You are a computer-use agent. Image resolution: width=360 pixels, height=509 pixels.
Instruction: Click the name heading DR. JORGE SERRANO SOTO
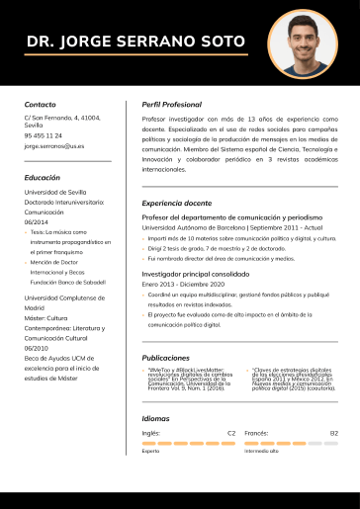tap(135, 42)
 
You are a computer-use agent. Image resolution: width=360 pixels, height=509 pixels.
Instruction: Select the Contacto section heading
tap(41, 104)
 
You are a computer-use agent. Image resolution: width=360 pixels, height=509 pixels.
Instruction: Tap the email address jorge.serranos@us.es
tap(54, 145)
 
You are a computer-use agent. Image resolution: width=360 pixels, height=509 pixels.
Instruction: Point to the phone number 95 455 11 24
tap(44, 135)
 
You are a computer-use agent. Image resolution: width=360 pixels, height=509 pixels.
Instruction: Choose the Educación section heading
tap(43, 177)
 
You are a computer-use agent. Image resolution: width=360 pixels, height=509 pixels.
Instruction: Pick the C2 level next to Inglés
tap(231, 433)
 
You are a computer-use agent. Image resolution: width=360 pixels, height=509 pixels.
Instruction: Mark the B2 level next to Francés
tap(334, 433)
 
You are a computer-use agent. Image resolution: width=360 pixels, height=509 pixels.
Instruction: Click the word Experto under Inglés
tap(150, 451)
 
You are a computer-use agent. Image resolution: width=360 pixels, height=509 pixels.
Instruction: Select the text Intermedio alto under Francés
tap(262, 451)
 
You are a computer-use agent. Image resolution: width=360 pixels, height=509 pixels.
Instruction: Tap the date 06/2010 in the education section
tap(37, 348)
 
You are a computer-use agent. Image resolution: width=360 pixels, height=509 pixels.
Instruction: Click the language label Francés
tap(256, 433)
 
